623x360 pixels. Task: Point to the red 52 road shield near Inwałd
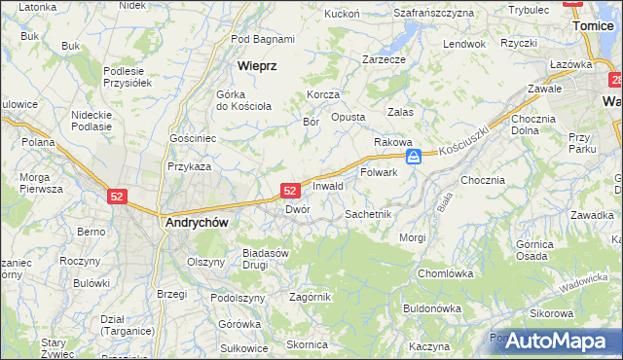290,192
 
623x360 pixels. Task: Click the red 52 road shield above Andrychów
117,196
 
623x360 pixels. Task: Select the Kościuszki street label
461,144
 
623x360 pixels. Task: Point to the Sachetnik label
368,213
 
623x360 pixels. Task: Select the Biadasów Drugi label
267,258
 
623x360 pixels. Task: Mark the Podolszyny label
238,298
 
